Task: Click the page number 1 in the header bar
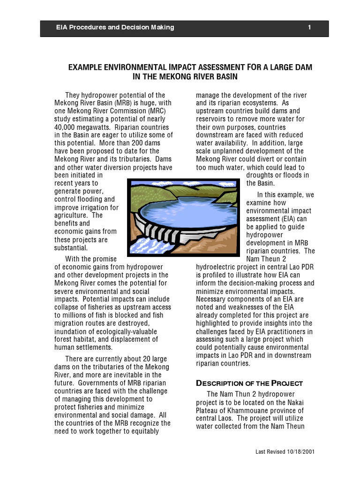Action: click(x=309, y=28)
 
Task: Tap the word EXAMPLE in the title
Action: click(x=85, y=67)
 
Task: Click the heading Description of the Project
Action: click(x=249, y=383)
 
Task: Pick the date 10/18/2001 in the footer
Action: click(x=300, y=452)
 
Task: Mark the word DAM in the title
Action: click(x=303, y=67)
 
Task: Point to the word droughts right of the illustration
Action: click(x=262, y=175)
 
